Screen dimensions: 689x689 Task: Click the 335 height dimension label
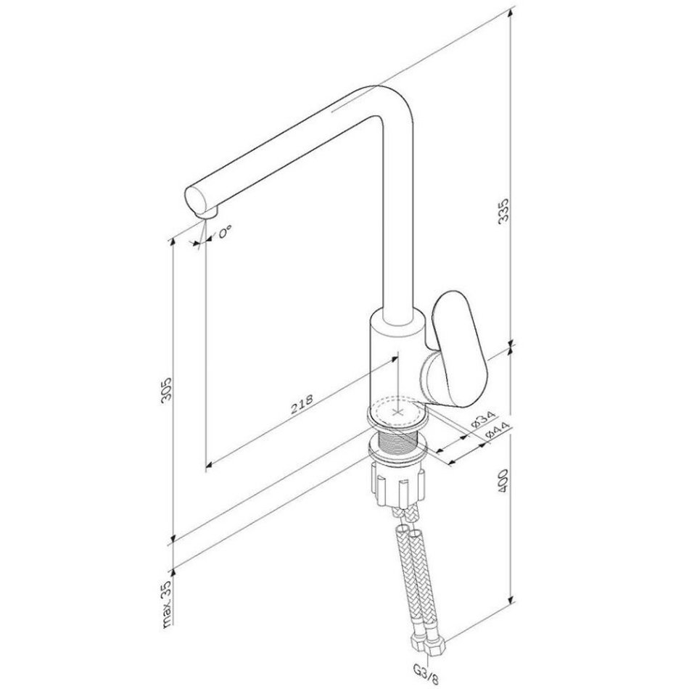click(503, 210)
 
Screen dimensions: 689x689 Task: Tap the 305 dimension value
click(166, 389)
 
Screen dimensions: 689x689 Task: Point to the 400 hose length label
click(503, 481)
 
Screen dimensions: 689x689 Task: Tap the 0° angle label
click(224, 231)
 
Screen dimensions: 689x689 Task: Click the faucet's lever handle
click(459, 347)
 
